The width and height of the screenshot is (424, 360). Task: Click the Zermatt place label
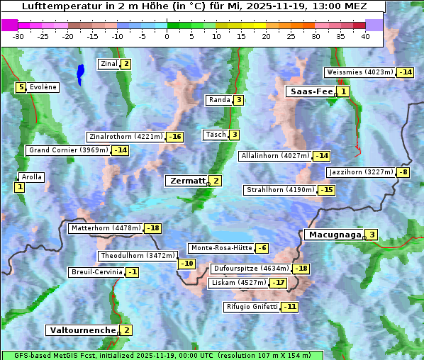[187, 181]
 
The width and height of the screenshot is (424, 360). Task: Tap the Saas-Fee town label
[311, 91]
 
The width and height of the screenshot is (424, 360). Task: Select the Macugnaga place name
[333, 235]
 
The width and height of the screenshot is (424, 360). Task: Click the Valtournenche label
[82, 330]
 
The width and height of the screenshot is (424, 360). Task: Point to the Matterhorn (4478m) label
[106, 228]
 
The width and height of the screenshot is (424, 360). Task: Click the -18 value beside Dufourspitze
[301, 269]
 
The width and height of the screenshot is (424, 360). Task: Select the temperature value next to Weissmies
[406, 72]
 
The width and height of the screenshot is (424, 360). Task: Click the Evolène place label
[43, 87]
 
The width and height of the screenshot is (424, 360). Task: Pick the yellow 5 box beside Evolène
[22, 87]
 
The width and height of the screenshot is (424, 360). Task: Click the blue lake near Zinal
[80, 72]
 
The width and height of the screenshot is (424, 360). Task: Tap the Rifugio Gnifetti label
[252, 307]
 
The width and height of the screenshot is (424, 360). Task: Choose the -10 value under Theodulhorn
[186, 264]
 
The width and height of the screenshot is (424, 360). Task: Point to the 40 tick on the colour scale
[365, 36]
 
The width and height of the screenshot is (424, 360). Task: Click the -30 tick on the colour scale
[18, 36]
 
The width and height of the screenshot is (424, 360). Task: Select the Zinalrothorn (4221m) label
[125, 137]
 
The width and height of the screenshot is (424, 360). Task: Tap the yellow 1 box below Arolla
[19, 187]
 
